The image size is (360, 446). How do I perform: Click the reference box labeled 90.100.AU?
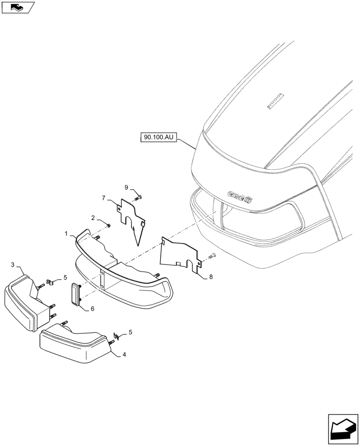(x=158, y=138)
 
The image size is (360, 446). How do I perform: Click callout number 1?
(x=66, y=233)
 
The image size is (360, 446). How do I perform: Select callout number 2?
(x=93, y=218)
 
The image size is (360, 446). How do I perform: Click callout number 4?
(x=125, y=355)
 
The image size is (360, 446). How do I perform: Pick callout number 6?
(x=93, y=309)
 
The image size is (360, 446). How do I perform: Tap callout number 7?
(x=103, y=198)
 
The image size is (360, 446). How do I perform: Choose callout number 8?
(x=211, y=277)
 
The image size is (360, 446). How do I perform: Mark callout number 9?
(x=126, y=187)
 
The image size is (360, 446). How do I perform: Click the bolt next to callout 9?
(x=139, y=197)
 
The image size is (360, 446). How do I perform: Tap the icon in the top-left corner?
(x=17, y=7)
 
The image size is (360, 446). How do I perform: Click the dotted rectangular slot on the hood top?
(x=275, y=101)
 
